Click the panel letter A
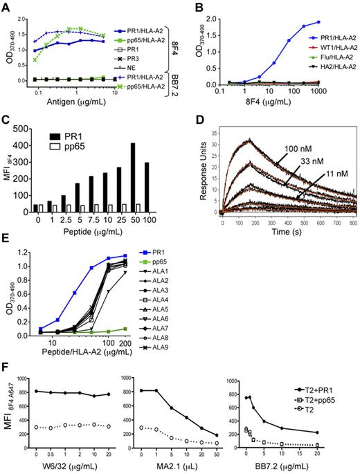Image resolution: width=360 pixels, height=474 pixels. (x=6, y=6)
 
